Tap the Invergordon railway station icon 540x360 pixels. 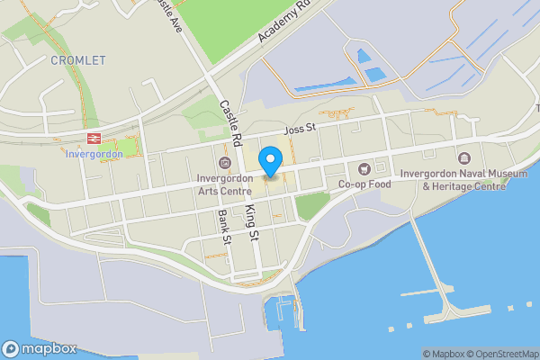click(92, 138)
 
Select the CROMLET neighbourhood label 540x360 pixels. click(78, 60)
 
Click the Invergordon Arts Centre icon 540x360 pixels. click(224, 162)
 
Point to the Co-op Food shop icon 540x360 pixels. click(364, 168)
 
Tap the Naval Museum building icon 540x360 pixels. click(464, 159)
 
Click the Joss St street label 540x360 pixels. click(299, 130)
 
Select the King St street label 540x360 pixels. click(252, 222)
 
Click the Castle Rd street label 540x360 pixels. click(232, 122)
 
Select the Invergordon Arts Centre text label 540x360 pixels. click(224, 184)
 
